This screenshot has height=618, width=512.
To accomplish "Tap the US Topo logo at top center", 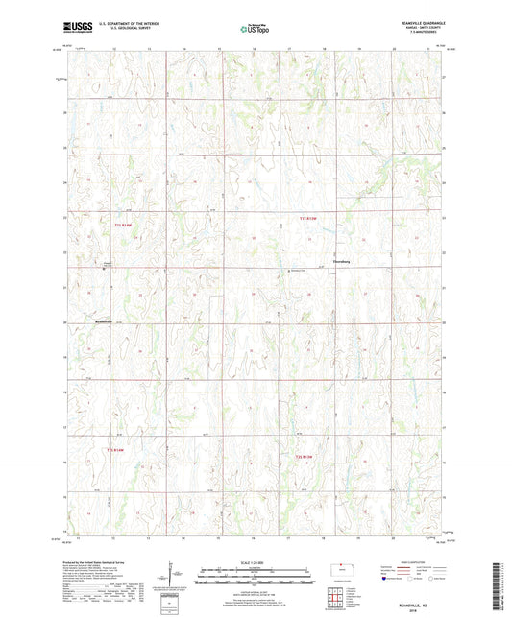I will point(255,30).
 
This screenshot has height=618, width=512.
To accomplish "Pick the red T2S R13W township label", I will point(304,455).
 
